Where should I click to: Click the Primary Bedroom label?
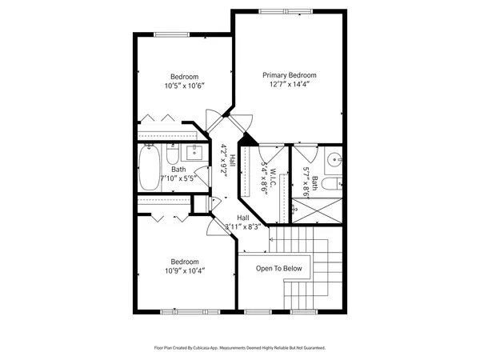pyautogui.click(x=290, y=74)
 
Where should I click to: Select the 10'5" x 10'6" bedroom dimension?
pyautogui.click(x=185, y=86)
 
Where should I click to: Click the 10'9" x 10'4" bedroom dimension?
pyautogui.click(x=185, y=270)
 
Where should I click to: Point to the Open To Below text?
pyautogui.click(x=279, y=268)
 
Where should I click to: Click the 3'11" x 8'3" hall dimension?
pyautogui.click(x=243, y=227)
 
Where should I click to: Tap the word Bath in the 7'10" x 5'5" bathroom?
pyautogui.click(x=178, y=169)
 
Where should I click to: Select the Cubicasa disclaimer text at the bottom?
pyautogui.click(x=239, y=348)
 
